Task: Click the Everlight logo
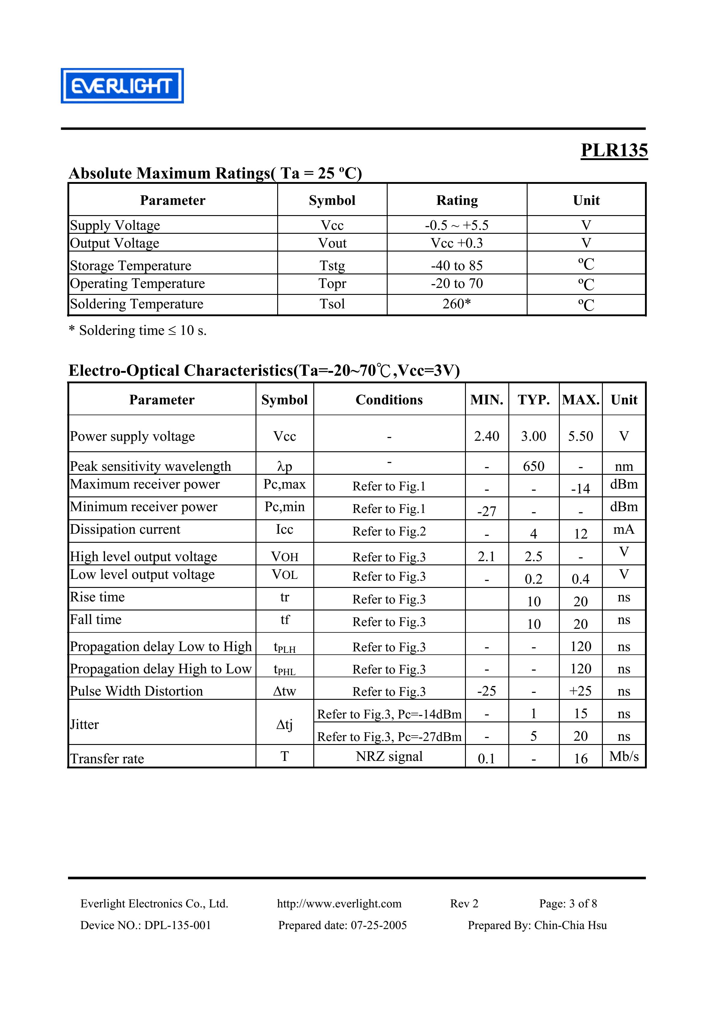click(x=122, y=86)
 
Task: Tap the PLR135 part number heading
click(x=614, y=150)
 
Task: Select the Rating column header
click(x=457, y=200)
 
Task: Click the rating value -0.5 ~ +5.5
click(x=457, y=225)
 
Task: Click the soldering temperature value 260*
click(x=457, y=304)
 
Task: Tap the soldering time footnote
click(x=138, y=330)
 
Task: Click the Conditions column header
click(x=389, y=400)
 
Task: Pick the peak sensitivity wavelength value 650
click(x=533, y=466)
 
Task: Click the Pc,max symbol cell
click(x=284, y=484)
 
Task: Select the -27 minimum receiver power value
click(x=486, y=511)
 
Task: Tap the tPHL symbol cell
click(x=284, y=669)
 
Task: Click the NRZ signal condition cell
click(x=389, y=756)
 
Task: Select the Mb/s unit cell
click(x=624, y=756)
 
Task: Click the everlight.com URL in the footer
click(x=339, y=903)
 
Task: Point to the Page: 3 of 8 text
click(x=568, y=903)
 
